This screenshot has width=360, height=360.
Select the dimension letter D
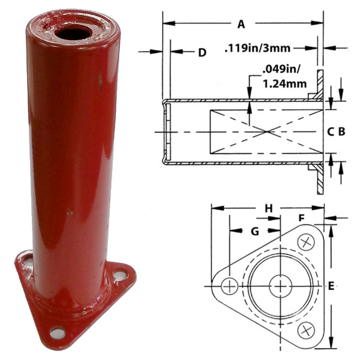(x=202, y=53)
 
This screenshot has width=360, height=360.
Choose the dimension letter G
(x=254, y=231)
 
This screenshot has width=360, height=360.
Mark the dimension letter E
(x=331, y=287)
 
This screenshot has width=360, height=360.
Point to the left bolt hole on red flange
(x=27, y=261)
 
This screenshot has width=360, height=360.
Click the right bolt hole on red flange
(x=119, y=275)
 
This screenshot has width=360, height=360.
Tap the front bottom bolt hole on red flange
(x=57, y=332)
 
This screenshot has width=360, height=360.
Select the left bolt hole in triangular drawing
(x=229, y=286)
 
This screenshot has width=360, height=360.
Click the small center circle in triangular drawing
(x=280, y=286)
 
